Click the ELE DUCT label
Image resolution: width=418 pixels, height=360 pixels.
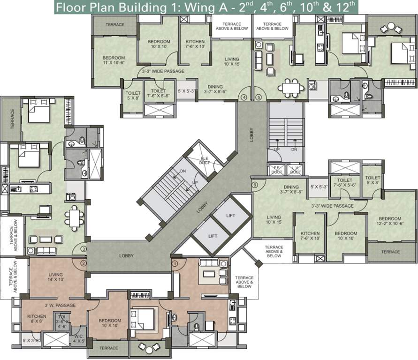coord(205,161)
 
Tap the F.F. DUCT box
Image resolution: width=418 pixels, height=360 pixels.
coord(274,170)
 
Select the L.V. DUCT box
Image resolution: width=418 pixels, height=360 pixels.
coord(296,170)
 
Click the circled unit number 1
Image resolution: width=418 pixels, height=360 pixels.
coord(175,263)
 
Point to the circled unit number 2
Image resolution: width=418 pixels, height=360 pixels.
coord(84,263)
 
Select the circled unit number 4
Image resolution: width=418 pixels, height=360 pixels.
coord(244,97)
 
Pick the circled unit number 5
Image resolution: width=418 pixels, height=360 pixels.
coord(258,97)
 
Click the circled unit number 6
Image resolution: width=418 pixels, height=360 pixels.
coord(255,185)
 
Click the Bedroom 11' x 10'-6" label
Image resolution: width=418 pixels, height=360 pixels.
coord(114,60)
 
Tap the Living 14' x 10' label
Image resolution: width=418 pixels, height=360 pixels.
coord(56,277)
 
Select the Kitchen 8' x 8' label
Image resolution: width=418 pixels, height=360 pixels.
coord(37,319)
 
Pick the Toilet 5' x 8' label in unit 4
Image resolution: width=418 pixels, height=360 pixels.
coord(133,96)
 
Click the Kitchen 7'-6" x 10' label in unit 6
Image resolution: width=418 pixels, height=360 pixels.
coord(310,236)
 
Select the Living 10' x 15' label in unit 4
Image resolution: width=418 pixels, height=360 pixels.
coord(232,61)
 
